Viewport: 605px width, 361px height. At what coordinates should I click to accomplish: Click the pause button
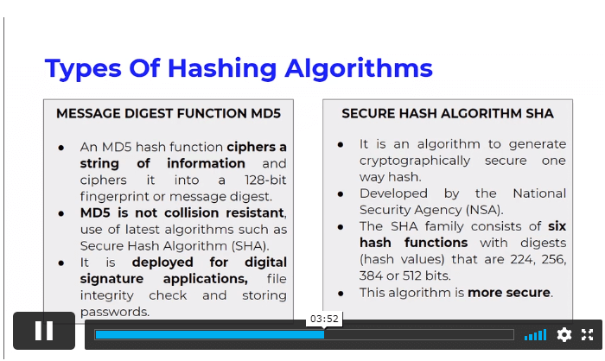click(x=44, y=331)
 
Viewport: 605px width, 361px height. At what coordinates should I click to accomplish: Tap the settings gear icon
click(x=564, y=334)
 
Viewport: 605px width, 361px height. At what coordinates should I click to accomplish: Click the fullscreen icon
click(x=587, y=334)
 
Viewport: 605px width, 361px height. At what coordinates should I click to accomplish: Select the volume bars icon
click(x=535, y=335)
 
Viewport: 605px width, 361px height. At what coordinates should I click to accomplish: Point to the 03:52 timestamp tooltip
click(x=324, y=319)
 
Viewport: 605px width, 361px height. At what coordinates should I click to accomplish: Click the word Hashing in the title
click(x=222, y=69)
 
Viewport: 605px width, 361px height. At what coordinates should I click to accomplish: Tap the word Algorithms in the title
click(x=359, y=69)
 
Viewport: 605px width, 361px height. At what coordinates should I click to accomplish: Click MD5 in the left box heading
click(x=266, y=113)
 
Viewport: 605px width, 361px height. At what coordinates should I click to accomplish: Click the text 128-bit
click(x=265, y=180)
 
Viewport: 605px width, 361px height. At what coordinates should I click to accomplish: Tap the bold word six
click(x=557, y=226)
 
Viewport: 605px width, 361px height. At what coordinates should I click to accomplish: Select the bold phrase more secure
click(x=509, y=293)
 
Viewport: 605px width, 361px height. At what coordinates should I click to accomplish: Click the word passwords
click(x=115, y=312)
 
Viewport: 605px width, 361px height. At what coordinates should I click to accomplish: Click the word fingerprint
click(x=115, y=197)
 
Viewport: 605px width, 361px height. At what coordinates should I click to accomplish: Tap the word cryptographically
click(x=415, y=161)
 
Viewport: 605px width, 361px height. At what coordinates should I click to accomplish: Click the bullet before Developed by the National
click(x=341, y=194)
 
